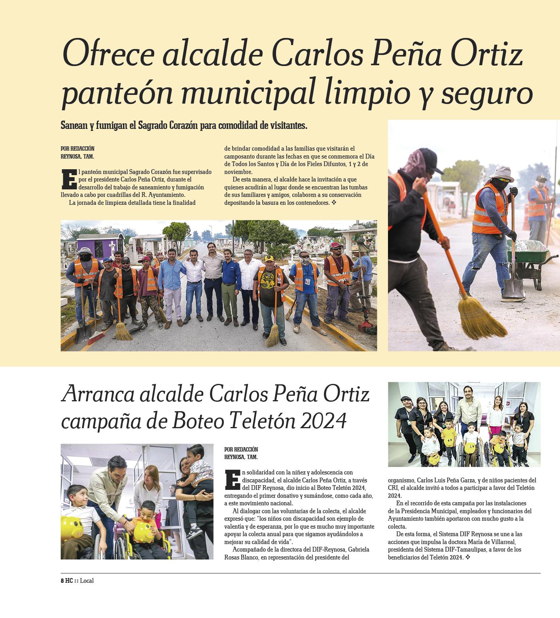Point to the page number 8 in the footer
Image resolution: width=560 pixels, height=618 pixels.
[x=62, y=581]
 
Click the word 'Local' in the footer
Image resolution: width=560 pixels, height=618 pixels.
[x=87, y=581]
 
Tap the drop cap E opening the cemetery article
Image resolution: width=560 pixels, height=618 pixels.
[x=68, y=179]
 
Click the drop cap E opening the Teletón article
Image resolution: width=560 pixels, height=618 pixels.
[x=232, y=480]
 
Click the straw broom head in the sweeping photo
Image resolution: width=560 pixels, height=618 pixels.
[x=475, y=316]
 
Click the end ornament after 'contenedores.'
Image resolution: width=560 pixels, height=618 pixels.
[x=334, y=203]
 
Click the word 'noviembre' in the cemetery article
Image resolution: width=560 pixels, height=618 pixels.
[x=238, y=172]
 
